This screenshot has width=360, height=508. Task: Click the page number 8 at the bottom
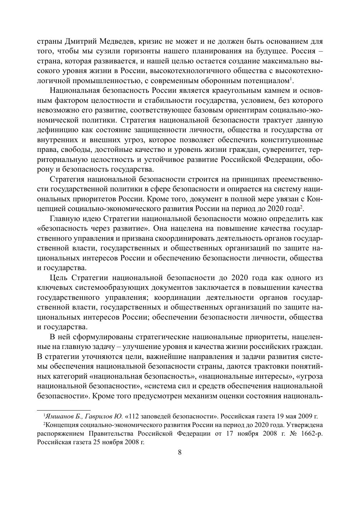click(180, 452)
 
